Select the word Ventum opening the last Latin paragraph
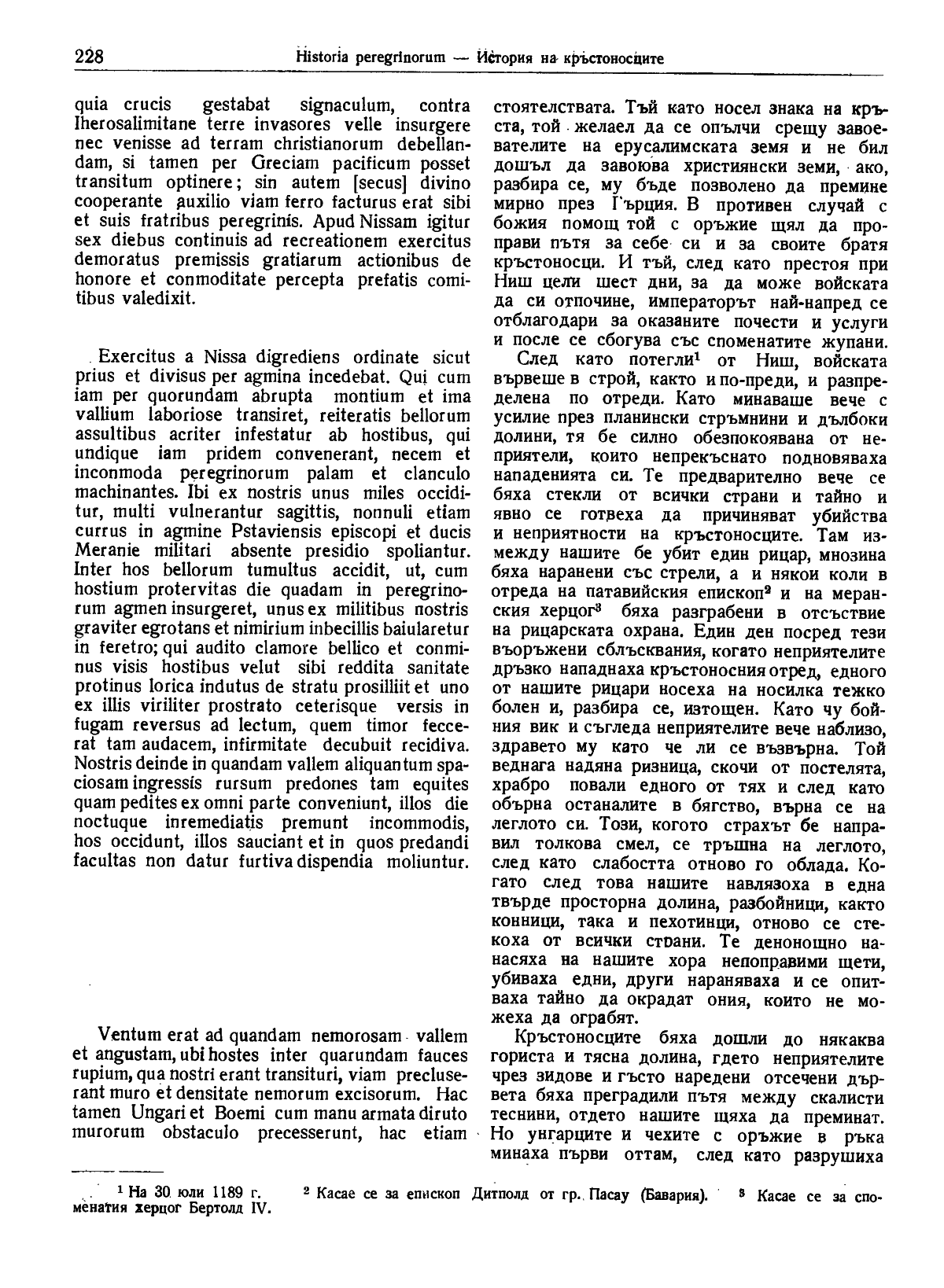tap(128, 1036)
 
